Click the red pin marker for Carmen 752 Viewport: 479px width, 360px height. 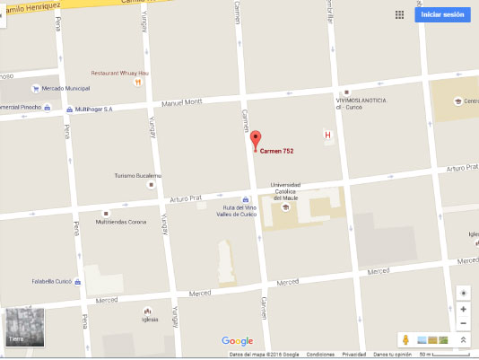[255, 140]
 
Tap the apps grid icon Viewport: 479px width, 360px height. [399, 15]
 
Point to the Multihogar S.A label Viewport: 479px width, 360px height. [93, 109]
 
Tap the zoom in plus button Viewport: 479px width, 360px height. [463, 309]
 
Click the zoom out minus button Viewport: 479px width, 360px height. [463, 323]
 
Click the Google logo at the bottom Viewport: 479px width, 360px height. [237, 341]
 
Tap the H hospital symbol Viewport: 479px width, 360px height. [327, 136]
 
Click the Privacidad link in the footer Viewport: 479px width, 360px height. [353, 355]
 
